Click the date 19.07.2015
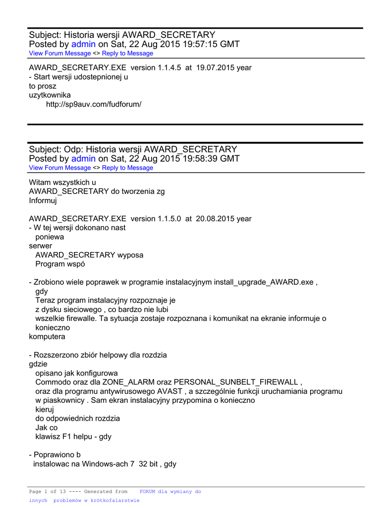tap(214, 68)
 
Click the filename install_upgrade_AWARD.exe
tap(264, 282)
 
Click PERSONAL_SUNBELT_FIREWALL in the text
tap(236, 382)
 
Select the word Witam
tap(40, 183)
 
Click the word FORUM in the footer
tap(148, 492)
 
